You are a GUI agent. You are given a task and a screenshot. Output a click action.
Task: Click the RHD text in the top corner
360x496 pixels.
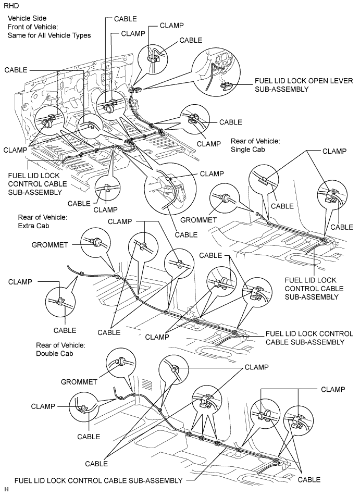point(11,6)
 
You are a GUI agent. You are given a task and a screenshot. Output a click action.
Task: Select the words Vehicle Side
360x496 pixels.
point(27,19)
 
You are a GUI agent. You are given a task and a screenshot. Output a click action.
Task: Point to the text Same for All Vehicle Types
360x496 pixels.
point(49,35)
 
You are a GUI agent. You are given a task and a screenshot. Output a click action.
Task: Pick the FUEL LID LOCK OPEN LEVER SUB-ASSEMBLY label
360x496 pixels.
point(304,85)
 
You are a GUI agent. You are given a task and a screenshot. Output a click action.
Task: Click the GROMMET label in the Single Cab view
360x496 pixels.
point(198,220)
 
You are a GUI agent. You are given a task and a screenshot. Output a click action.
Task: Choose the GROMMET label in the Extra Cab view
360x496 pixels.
point(49,244)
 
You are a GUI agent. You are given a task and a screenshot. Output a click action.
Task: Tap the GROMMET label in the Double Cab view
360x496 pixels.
point(79,382)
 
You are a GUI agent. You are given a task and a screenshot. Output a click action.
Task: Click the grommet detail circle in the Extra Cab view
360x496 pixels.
point(96,242)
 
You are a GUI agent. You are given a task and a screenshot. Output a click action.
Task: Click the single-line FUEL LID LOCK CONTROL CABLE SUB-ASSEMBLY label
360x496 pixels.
point(98,480)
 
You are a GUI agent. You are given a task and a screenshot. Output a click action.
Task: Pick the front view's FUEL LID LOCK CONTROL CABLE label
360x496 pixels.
point(38,184)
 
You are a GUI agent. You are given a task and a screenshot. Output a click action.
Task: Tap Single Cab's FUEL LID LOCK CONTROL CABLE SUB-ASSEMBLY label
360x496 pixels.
point(314,289)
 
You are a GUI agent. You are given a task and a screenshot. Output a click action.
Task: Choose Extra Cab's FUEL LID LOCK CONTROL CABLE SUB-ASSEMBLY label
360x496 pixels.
point(309,338)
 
